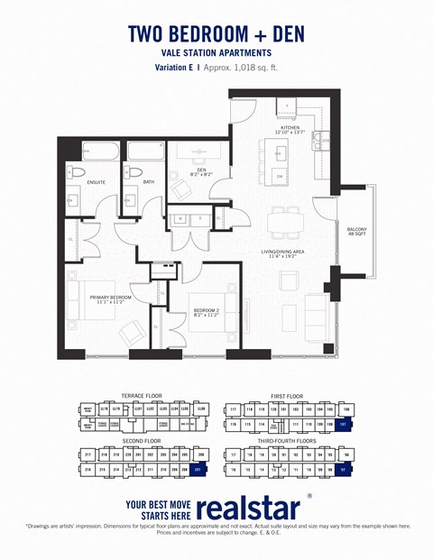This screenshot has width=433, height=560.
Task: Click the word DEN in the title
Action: [281, 34]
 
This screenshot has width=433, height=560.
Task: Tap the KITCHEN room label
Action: [290, 129]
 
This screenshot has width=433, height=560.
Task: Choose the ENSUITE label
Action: [96, 182]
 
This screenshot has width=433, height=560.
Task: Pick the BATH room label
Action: [149, 182]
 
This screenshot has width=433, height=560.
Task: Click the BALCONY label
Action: [356, 229]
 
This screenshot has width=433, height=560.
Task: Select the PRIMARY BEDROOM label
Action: [110, 297]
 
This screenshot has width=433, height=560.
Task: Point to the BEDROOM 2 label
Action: [207, 310]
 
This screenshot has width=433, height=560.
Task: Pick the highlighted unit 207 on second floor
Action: [198, 470]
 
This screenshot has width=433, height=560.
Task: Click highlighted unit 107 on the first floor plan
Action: [343, 423]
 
